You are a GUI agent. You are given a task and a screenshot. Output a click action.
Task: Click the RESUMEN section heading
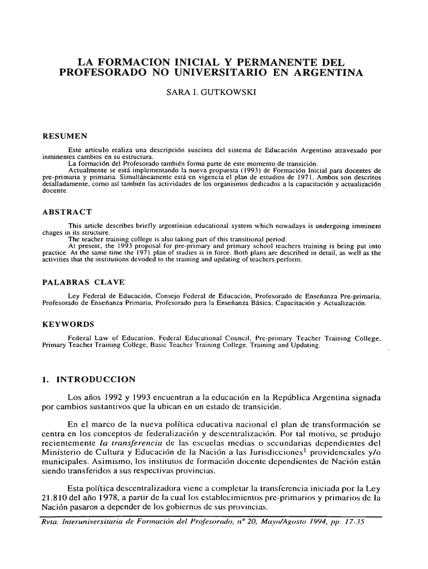coord(63,137)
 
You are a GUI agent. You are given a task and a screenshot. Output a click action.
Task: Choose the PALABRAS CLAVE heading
coord(84,282)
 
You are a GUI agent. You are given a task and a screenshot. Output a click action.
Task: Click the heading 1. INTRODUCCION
coord(89,380)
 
